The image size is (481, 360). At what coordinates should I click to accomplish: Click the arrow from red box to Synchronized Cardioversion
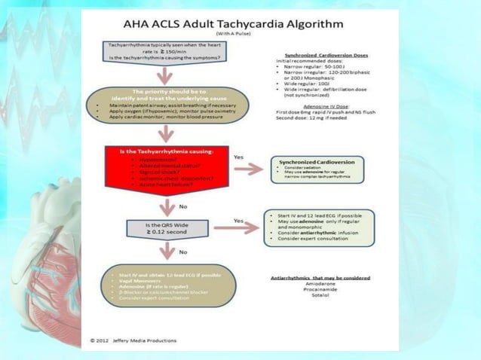247,169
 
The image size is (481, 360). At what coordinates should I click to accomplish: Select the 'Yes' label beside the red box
239,157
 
